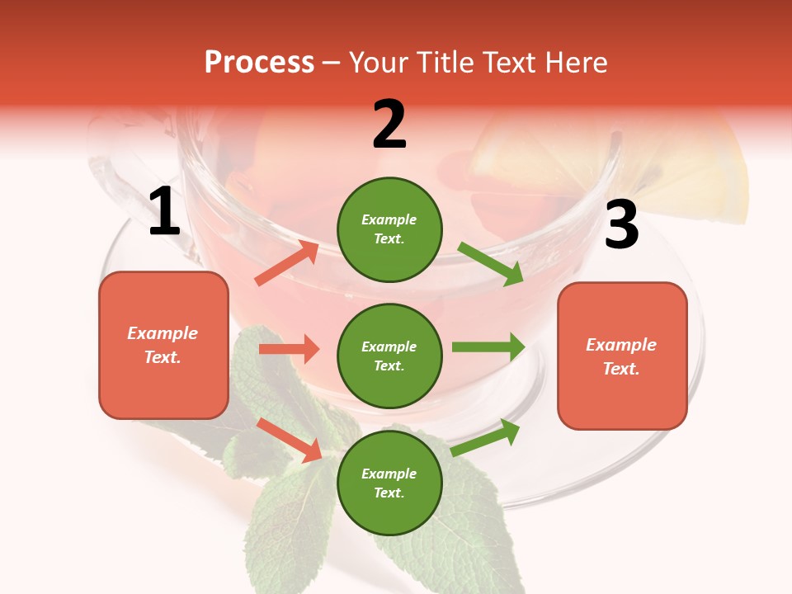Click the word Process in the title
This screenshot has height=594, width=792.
tap(259, 63)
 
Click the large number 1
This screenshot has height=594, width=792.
tap(164, 213)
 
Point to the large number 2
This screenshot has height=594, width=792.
tap(389, 125)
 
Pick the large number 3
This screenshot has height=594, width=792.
tap(621, 225)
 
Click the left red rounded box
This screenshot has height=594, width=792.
tap(163, 345)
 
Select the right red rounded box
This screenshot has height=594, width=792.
tap(622, 356)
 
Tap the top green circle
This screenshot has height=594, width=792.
tap(389, 229)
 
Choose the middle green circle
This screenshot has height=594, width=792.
tap(389, 356)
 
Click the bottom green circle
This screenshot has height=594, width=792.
tap(389, 483)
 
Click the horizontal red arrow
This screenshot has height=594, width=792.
tap(289, 349)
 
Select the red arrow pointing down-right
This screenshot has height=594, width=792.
tap(290, 440)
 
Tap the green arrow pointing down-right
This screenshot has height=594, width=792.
tap(490, 263)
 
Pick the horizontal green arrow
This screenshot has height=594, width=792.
tap(488, 347)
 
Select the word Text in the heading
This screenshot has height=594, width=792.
tap(511, 63)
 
